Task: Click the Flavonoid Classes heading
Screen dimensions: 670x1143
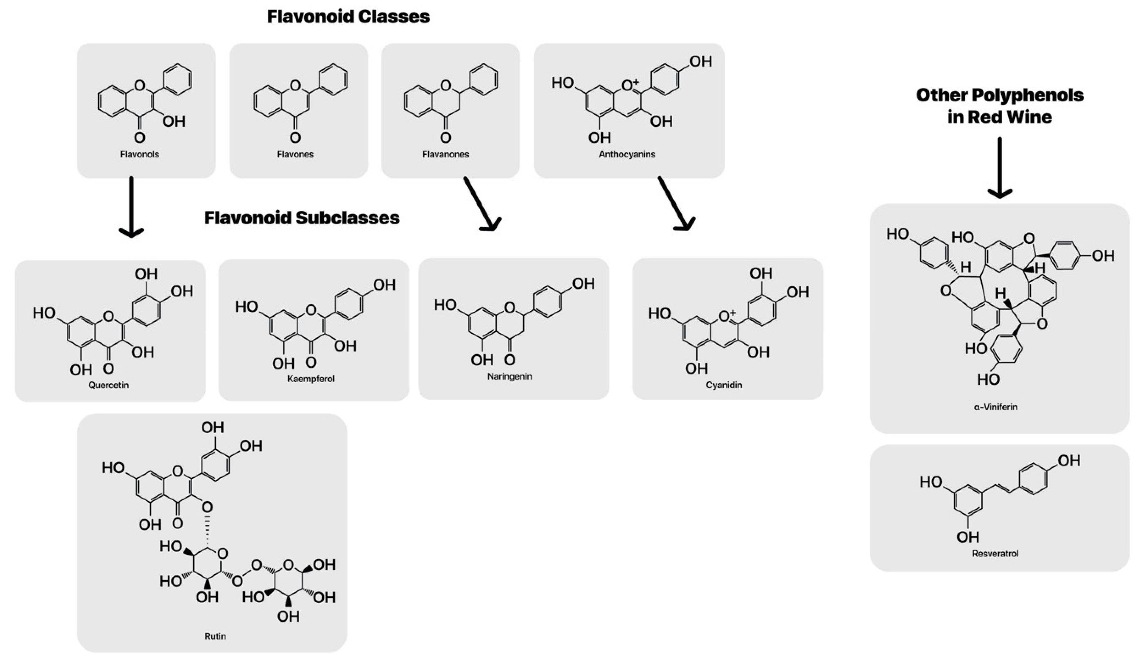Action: click(348, 17)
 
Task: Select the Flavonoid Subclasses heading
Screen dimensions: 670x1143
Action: click(302, 218)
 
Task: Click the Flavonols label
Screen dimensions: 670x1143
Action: click(140, 154)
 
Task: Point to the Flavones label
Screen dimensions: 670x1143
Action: click(295, 154)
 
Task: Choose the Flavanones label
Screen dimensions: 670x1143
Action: click(446, 154)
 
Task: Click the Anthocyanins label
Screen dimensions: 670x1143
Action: click(627, 154)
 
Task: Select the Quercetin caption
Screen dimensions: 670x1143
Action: click(108, 385)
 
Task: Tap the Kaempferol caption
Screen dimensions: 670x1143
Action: click(311, 379)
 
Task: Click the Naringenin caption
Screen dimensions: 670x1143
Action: click(509, 377)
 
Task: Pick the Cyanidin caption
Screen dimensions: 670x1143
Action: click(724, 385)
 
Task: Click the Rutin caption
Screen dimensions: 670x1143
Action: click(215, 636)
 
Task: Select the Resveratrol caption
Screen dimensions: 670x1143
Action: click(995, 553)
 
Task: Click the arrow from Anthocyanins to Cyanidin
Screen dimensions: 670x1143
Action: click(676, 204)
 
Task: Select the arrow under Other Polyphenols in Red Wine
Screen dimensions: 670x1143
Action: click(1000, 168)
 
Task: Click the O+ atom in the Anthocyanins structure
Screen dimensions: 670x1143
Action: click(629, 85)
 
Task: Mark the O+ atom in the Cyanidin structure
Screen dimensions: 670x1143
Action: click(727, 315)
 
